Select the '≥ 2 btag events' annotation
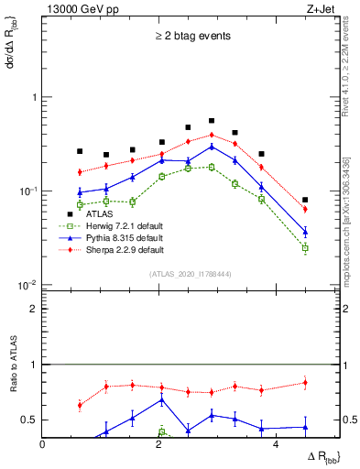(191, 37)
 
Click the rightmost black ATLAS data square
(305, 200)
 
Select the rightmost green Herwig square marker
(305, 248)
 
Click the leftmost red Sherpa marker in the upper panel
(80, 172)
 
